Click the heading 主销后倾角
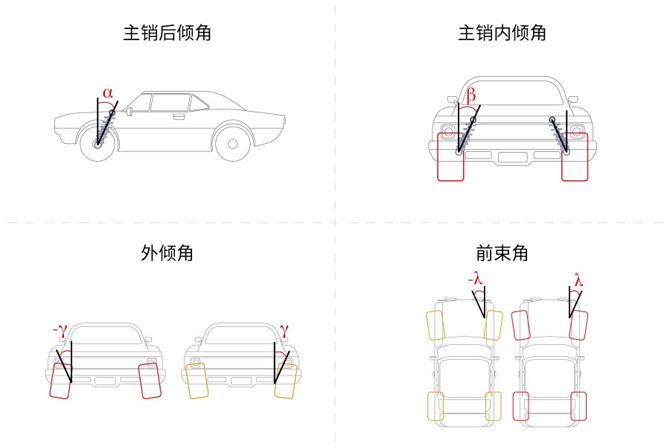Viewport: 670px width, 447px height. pos(167,34)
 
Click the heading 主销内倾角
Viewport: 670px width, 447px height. pos(502,34)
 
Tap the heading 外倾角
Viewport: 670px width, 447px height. pos(167,253)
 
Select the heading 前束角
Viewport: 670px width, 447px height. pos(502,253)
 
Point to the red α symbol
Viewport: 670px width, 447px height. pos(108,93)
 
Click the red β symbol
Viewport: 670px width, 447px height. pos(470,95)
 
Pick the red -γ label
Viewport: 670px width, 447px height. pos(60,329)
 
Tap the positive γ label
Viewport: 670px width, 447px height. pos(283,329)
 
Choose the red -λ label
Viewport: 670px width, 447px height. pos(475,279)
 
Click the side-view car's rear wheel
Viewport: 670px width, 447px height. pos(232,143)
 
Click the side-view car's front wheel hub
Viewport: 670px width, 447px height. pos(98,144)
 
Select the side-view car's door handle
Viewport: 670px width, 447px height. pos(179,116)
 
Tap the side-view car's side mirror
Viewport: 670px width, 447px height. pos(130,112)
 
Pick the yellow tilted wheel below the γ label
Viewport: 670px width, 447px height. pos(284,380)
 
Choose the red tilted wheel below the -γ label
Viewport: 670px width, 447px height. pos(60,380)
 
